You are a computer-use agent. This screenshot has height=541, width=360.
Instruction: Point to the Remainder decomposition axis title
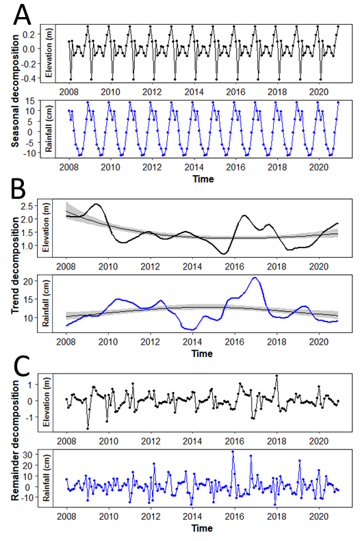(x=14, y=445)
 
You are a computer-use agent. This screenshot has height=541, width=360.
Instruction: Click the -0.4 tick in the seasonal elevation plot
(x=38, y=79)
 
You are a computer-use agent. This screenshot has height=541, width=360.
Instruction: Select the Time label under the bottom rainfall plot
(x=202, y=528)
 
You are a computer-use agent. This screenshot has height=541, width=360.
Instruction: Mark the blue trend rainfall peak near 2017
(x=255, y=278)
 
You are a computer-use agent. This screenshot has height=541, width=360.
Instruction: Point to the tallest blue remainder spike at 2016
(x=233, y=451)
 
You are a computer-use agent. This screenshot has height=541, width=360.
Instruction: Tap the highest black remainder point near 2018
(x=277, y=375)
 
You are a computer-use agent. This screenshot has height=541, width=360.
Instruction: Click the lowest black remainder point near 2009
(x=88, y=428)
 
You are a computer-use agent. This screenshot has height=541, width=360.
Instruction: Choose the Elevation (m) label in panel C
(x=49, y=401)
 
